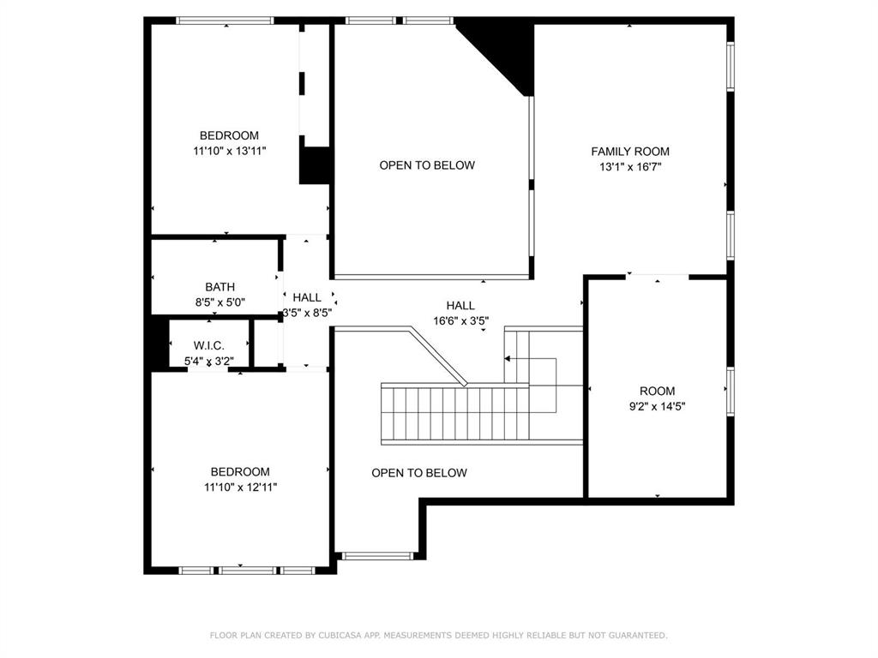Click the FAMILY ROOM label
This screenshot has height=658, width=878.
630,151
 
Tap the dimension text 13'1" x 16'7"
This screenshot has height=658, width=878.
630,166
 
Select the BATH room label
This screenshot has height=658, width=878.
220,287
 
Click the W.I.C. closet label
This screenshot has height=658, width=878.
209,346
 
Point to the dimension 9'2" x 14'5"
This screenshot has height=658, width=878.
658,406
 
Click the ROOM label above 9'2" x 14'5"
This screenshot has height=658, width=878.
658,391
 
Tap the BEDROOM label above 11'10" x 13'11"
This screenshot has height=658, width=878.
230,135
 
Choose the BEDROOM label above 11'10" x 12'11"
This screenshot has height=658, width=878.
240,472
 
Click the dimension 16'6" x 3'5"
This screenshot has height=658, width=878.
460,321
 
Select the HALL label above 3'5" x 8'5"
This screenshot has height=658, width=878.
307,297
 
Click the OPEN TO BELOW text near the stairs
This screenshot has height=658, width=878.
419,473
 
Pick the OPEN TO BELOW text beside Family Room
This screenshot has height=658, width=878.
427,165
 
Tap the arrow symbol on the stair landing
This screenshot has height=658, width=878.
508,358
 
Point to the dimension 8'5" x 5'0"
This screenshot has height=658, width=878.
220,302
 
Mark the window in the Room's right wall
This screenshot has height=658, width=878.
731,391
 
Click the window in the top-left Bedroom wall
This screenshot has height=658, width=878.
226,21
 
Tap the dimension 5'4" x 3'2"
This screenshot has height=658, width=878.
209,362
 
